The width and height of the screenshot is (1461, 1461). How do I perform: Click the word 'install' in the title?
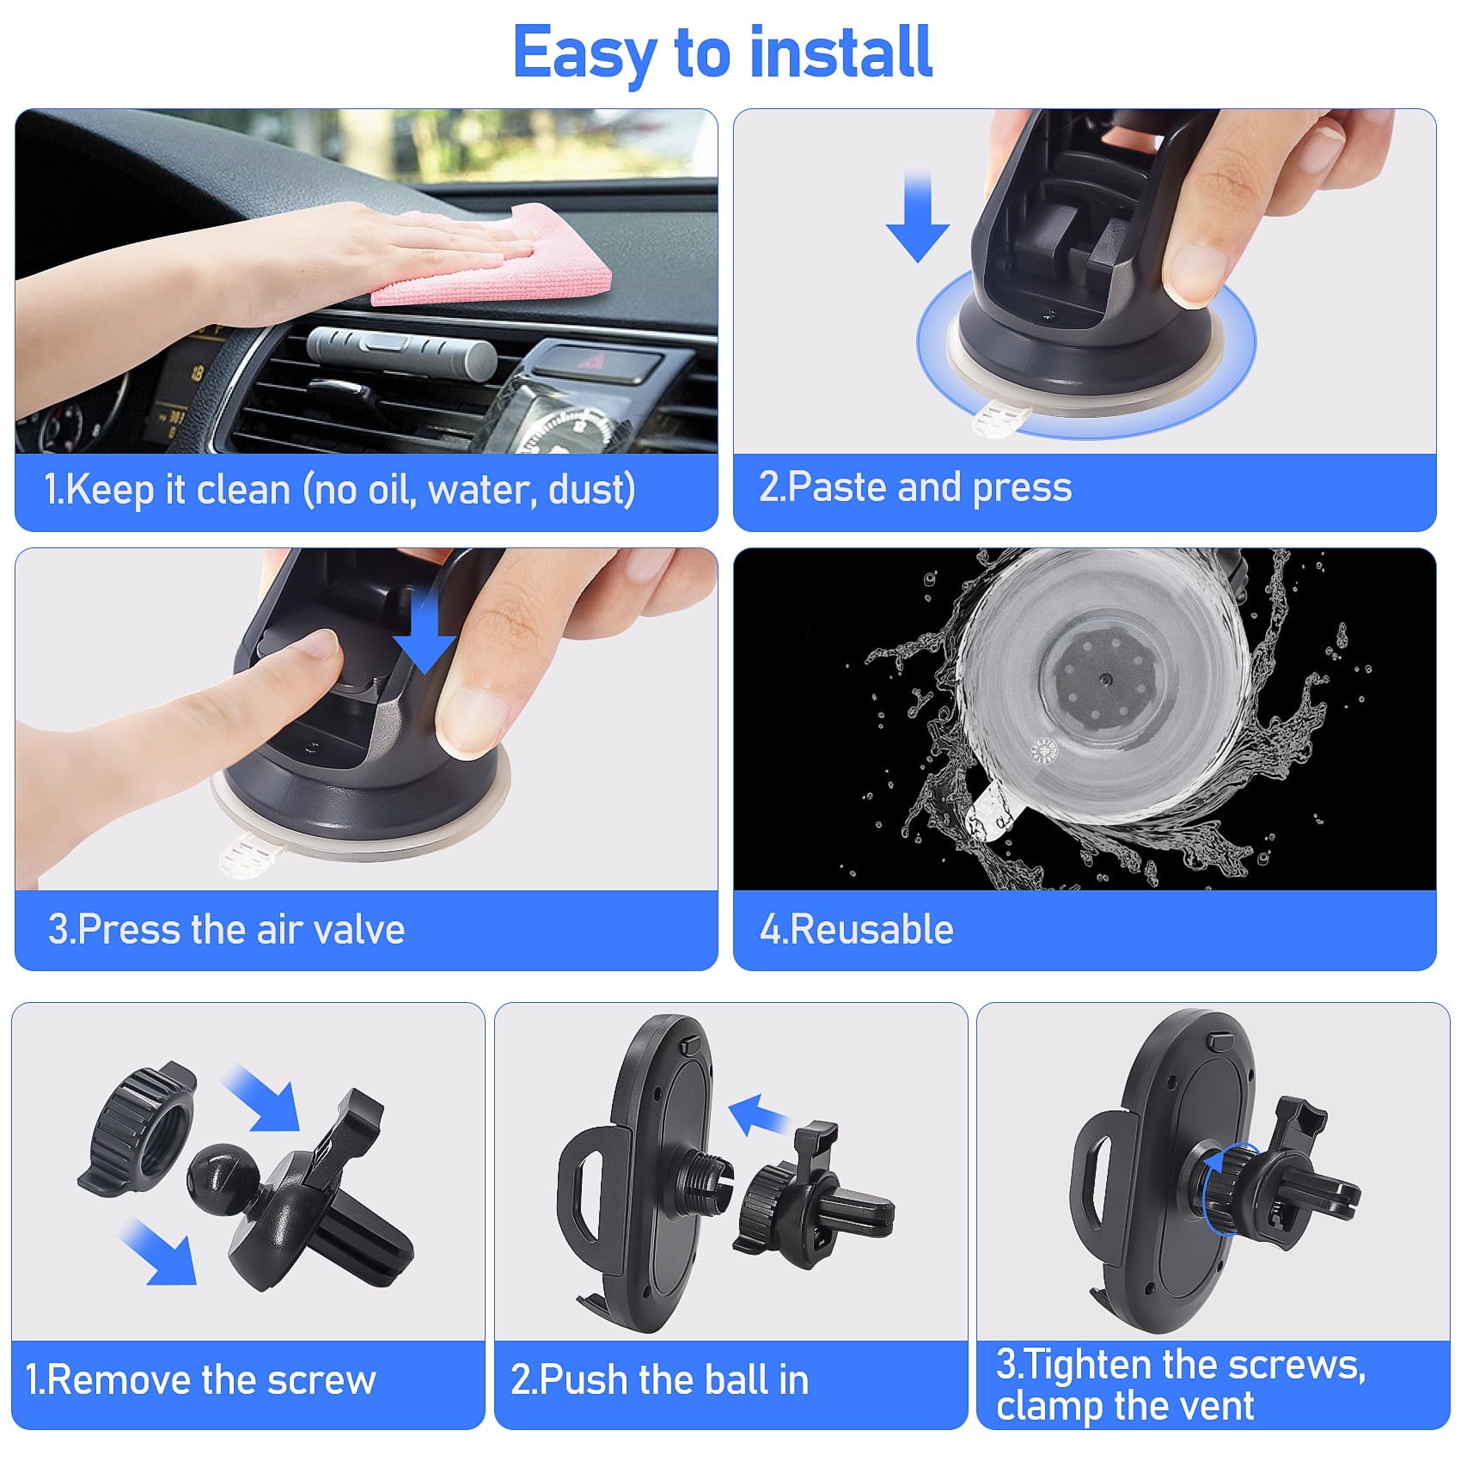point(840,53)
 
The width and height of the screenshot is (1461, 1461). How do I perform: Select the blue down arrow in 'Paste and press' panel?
point(918,219)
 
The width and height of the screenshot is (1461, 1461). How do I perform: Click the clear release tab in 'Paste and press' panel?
point(1001,421)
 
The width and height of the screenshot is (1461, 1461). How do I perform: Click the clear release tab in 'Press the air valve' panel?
point(252,854)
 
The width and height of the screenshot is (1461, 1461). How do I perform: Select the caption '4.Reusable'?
point(857,930)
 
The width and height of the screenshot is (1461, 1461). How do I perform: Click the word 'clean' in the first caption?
point(243,490)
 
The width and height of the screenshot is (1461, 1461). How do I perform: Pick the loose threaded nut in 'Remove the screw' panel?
point(138,1127)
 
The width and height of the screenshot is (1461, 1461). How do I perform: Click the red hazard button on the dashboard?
point(593,361)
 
